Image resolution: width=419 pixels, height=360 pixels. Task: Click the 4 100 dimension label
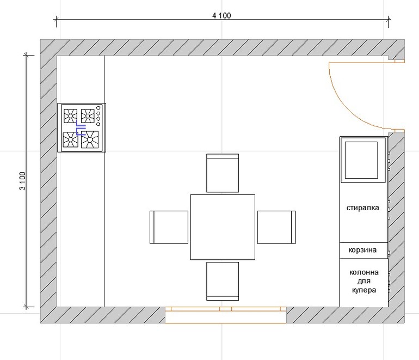pyautogui.click(x=221, y=15)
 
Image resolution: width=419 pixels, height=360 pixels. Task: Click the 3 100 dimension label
pyautogui.click(x=23, y=181)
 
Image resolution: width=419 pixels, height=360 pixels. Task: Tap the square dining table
pyautogui.click(x=223, y=227)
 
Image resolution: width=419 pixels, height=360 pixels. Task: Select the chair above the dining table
pyautogui.click(x=223, y=173)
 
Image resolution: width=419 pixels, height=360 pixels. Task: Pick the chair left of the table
pyautogui.click(x=169, y=227)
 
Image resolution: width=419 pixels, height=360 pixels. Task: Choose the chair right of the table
pyautogui.click(x=276, y=227)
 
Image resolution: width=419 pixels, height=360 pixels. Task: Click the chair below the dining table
pyautogui.click(x=223, y=281)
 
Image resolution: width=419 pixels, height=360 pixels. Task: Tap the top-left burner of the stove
pyautogui.click(x=71, y=116)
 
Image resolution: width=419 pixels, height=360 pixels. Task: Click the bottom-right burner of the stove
pyautogui.click(x=90, y=139)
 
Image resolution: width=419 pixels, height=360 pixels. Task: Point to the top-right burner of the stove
pyautogui.click(x=88, y=116)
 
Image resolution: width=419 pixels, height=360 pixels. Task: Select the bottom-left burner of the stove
pyautogui.click(x=71, y=139)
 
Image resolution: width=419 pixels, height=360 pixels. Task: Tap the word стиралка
pyautogui.click(x=362, y=208)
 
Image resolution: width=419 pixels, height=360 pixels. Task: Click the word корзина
pyautogui.click(x=362, y=250)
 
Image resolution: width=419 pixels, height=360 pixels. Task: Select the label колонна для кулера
pyautogui.click(x=364, y=281)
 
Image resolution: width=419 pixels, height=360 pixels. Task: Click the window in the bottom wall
pyautogui.click(x=225, y=315)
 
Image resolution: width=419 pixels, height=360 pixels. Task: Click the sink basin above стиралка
pyautogui.click(x=361, y=160)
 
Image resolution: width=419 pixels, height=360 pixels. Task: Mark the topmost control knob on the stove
pyautogui.click(x=98, y=108)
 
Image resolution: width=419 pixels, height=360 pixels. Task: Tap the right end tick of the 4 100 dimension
pyautogui.click(x=389, y=19)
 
